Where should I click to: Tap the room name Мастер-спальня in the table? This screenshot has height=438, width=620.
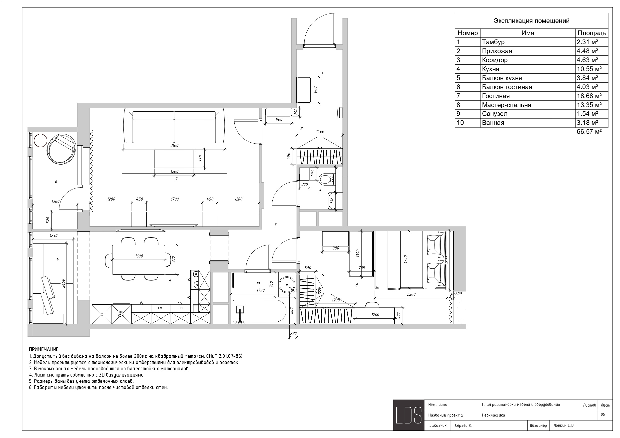click(506, 105)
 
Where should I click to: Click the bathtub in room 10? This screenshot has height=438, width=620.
click(259, 311)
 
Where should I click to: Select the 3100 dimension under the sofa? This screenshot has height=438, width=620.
click(174, 145)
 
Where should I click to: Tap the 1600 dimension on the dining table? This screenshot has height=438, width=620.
click(139, 256)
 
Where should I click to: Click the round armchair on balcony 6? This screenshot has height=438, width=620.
click(61, 148)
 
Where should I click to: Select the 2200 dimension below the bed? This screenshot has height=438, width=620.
click(411, 294)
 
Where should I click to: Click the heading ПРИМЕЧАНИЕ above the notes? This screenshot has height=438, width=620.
click(43, 350)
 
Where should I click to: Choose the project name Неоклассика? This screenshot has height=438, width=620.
click(493, 415)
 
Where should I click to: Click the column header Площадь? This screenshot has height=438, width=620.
click(592, 33)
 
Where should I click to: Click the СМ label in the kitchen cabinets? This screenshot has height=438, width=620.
click(160, 308)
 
